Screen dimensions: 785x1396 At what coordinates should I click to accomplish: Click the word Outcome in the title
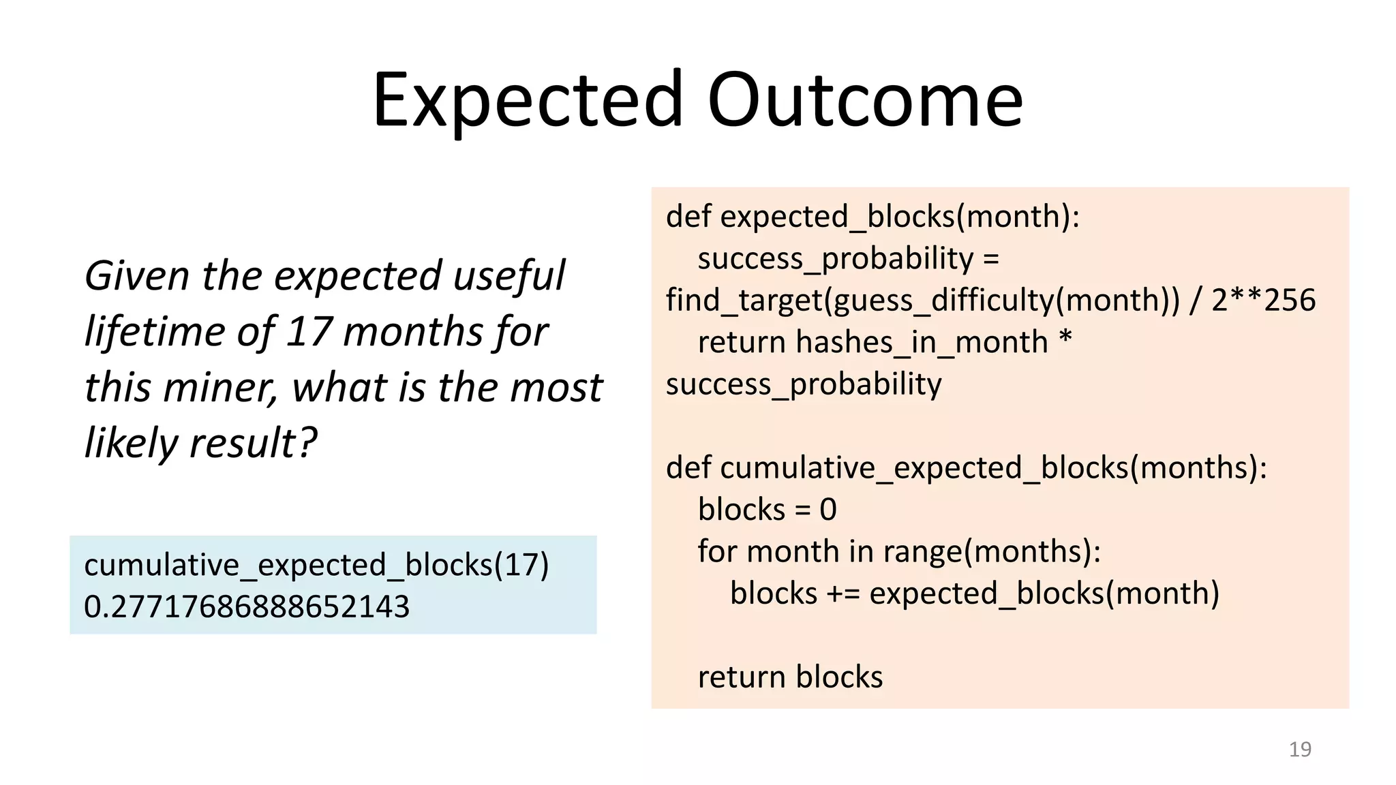point(865,101)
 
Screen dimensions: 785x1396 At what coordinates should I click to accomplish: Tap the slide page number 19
point(1300,749)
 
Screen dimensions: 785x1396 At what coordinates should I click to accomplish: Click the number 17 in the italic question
point(308,333)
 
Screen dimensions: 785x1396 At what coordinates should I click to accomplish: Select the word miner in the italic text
point(219,388)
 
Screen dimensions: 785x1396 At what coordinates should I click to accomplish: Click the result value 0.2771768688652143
point(247,606)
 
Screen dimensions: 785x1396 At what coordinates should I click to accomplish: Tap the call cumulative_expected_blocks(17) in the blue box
point(316,565)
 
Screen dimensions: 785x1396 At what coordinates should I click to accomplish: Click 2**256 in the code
point(1263,301)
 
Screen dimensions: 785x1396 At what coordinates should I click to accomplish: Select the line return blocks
point(790,677)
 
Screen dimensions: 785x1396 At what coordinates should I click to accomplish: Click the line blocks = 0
point(767,510)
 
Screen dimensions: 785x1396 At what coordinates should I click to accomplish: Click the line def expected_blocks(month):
point(872,217)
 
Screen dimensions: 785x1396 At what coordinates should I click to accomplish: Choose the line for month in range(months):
point(899,551)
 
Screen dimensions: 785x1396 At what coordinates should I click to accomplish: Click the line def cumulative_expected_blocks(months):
point(966,468)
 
